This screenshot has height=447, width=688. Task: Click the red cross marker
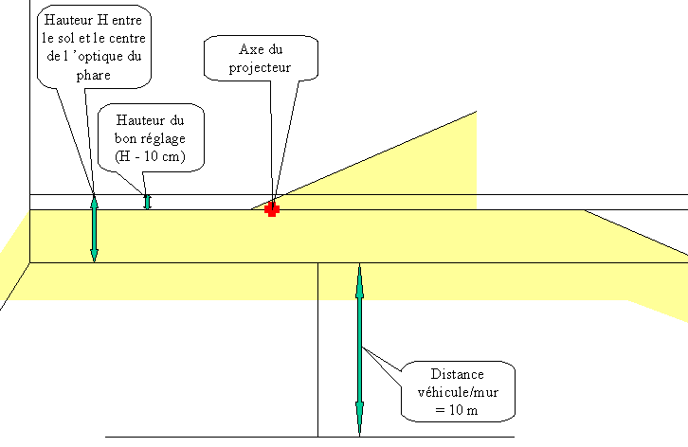pyautogui.click(x=272, y=209)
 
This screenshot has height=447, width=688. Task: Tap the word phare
pyautogui.click(x=95, y=74)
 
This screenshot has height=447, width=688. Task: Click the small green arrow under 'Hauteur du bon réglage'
pyautogui.click(x=147, y=201)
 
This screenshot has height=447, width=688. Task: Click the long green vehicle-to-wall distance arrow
pyautogui.click(x=359, y=350)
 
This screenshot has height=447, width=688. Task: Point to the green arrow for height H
pyautogui.click(x=94, y=227)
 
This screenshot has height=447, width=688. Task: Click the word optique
pyautogui.click(x=99, y=56)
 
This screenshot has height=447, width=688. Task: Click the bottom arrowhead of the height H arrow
pyautogui.click(x=94, y=253)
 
